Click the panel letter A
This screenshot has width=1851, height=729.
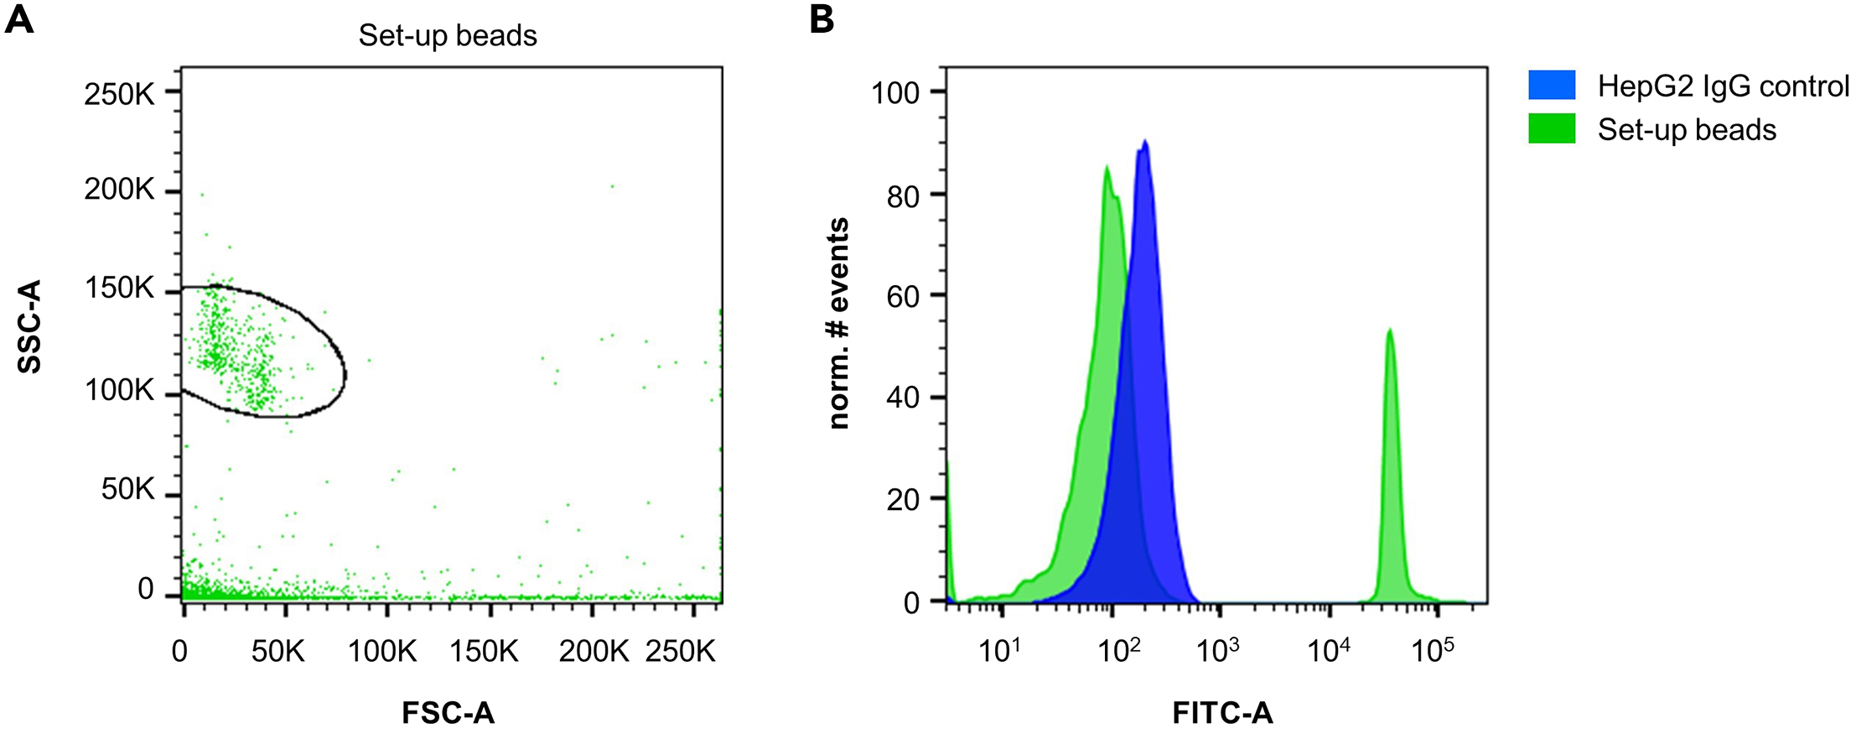point(19,18)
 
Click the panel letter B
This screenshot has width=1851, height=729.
point(822,18)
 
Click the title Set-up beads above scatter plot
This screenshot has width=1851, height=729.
point(448,35)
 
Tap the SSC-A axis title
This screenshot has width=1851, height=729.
point(29,327)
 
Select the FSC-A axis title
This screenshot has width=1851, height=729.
point(448,713)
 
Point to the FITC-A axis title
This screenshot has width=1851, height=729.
point(1222,713)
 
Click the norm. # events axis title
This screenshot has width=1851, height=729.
point(838,324)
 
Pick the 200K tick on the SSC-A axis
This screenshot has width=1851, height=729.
point(120,190)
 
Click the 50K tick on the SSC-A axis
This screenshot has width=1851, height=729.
point(128,489)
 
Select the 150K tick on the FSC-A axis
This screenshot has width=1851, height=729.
point(485,651)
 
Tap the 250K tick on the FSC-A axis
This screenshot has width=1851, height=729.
point(680,651)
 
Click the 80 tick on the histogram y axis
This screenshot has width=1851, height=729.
point(903,196)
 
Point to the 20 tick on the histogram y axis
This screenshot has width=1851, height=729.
point(903,501)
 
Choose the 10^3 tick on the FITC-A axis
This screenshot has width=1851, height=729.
point(1218,650)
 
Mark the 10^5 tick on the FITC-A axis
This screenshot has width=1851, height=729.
point(1433,650)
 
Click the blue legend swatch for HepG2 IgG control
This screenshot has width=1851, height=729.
point(1552,85)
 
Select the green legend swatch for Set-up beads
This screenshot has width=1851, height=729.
point(1552,128)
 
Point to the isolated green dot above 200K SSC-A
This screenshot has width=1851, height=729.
point(612,186)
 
